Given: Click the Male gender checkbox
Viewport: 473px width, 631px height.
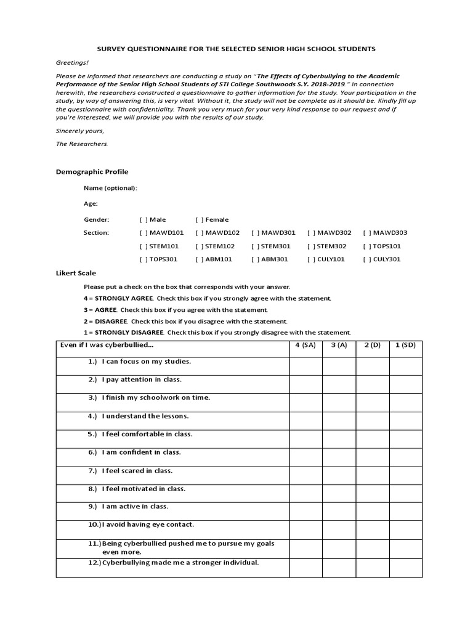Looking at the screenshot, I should click(x=144, y=219).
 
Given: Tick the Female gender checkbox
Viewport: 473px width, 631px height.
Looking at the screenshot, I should click(x=200, y=219).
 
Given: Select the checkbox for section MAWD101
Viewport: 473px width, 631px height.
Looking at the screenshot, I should click(x=144, y=233).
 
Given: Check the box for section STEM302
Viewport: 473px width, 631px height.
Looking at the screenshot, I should click(x=311, y=246).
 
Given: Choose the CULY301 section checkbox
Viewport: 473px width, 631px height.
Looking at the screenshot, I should click(x=366, y=259).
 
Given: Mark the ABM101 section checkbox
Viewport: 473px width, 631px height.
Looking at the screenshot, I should click(x=200, y=259).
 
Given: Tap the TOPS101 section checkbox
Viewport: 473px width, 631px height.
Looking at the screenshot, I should click(x=366, y=246).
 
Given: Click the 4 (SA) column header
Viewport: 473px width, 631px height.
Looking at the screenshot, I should click(x=305, y=345).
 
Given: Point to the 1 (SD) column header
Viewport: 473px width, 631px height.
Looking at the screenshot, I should click(x=405, y=345).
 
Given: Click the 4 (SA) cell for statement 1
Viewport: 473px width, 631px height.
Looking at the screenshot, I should click(x=305, y=366).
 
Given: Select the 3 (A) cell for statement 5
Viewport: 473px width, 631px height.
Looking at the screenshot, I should click(x=339, y=439).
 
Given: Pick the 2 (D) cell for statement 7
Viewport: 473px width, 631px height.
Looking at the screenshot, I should click(x=372, y=475).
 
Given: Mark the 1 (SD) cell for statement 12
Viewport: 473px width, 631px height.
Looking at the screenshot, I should click(x=405, y=568).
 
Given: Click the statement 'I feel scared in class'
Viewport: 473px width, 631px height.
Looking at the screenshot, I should click(x=137, y=471).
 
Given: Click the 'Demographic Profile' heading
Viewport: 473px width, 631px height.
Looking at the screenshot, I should click(x=92, y=172).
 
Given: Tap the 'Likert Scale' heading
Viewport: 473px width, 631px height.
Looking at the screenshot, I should click(x=76, y=273).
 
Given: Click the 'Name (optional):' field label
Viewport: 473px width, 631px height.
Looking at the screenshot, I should click(x=111, y=188).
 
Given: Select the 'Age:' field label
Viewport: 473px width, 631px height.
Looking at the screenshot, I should click(x=91, y=203).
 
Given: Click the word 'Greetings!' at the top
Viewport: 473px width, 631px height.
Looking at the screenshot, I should click(x=72, y=63).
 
